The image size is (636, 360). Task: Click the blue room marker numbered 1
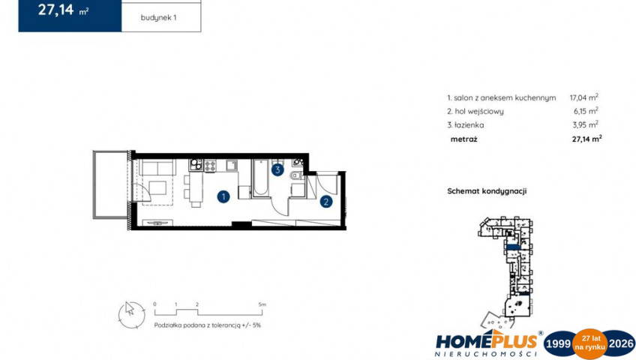pyautogui.click(x=223, y=196)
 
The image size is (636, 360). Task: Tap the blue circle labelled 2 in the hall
pyautogui.click(x=326, y=202)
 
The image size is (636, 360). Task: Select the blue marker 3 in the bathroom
pyautogui.click(x=277, y=169)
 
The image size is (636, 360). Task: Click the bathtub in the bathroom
pyautogui.click(x=260, y=178)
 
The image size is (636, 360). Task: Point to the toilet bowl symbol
pyautogui.click(x=296, y=176)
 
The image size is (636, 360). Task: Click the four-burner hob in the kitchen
pyautogui.click(x=210, y=166)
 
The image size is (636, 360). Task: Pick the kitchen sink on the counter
pyautogui.click(x=232, y=166)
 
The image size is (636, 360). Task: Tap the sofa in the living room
pyautogui.click(x=157, y=167)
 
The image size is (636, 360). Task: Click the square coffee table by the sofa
pyautogui.click(x=157, y=188)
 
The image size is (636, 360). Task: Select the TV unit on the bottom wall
pyautogui.click(x=157, y=223)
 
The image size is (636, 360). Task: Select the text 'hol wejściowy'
pyautogui.click(x=479, y=111)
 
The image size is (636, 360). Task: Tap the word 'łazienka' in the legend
pyautogui.click(x=469, y=124)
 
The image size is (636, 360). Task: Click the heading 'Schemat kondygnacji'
pyautogui.click(x=487, y=191)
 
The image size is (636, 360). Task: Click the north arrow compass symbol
pyautogui.click(x=131, y=315)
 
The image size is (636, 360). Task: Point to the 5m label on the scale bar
pyautogui.click(x=262, y=304)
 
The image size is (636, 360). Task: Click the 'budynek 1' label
pyautogui.click(x=158, y=18)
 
